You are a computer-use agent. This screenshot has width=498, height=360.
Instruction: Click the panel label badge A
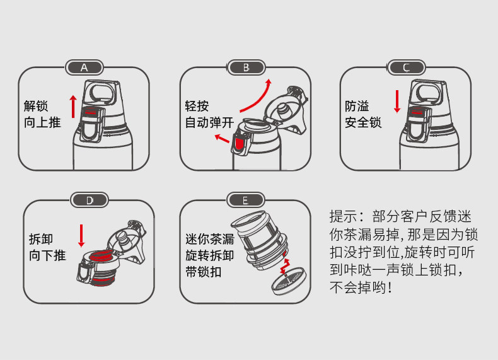tap(84, 67)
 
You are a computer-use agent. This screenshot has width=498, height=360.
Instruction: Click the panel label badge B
tap(246, 67)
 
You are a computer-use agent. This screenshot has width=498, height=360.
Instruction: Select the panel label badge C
tap(407, 67)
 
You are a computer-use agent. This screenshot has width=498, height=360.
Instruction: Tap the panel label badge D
tap(89, 200)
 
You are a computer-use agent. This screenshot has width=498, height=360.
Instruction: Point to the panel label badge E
tap(245, 200)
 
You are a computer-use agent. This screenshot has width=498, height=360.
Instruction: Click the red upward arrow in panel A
tap(73, 106)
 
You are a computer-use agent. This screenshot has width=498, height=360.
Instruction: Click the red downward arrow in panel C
tap(397, 101)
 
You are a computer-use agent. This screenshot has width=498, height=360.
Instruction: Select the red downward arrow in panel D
tap(81, 235)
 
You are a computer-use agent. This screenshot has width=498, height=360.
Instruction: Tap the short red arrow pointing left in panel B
tap(222, 137)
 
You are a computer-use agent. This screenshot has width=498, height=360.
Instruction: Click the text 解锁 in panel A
tap(36, 105)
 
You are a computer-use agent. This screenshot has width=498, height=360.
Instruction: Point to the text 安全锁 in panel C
tap(363, 122)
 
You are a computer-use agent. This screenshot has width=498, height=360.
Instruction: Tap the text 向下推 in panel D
tap(47, 255)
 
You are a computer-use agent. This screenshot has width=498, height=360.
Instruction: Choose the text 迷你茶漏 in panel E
tap(209, 240)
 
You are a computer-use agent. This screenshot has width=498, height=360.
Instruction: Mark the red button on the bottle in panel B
tap(240, 144)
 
